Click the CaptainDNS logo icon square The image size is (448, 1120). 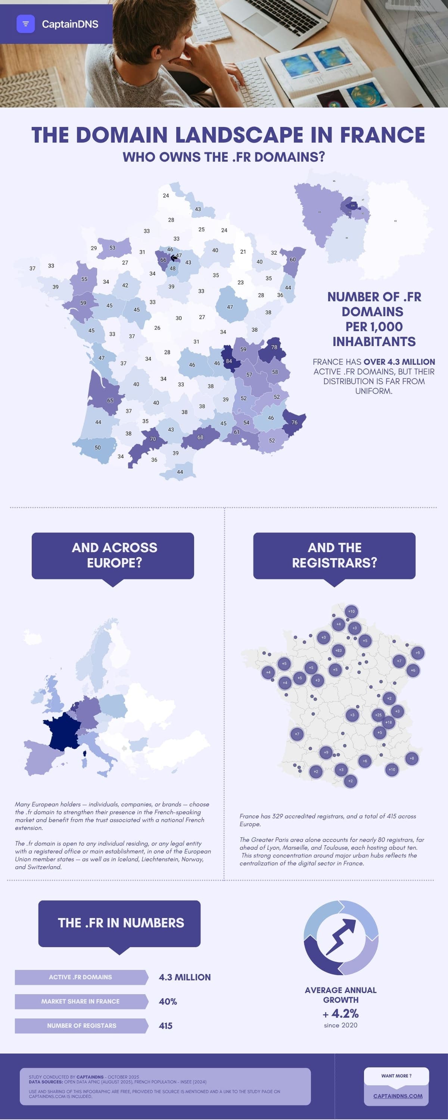tap(25, 24)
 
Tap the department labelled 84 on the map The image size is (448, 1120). tap(229, 361)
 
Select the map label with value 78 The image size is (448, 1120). tap(274, 347)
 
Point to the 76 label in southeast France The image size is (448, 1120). tap(295, 422)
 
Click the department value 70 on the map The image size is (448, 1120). tap(153, 439)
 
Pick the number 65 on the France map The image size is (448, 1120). tap(110, 401)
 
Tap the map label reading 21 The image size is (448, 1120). tap(243, 251)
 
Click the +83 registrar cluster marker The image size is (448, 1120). tap(338, 650)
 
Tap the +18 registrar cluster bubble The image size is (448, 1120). tap(388, 722)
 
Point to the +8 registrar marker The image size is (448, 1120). tap(412, 758)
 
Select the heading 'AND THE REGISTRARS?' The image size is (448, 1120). tap(334, 555)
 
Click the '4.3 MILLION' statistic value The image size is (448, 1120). tap(184, 977)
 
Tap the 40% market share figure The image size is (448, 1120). tap(168, 1001)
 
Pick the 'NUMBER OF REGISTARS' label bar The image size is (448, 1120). tap(81, 1026)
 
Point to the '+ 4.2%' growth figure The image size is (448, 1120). tap(340, 1014)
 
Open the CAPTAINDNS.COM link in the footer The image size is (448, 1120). tap(398, 1096)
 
